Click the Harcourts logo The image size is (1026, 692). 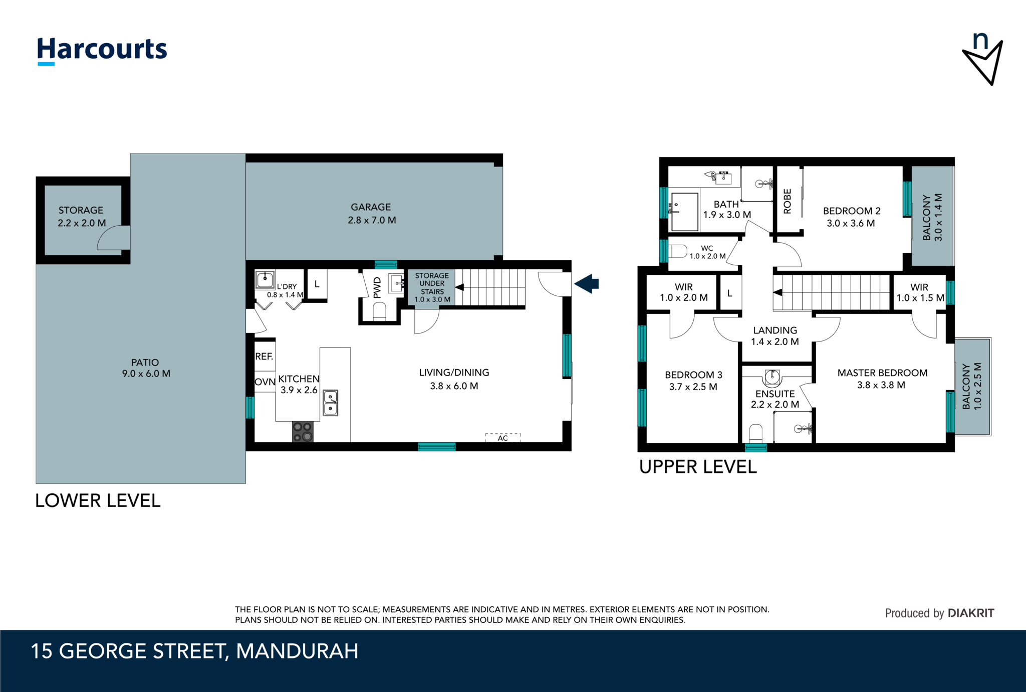102,50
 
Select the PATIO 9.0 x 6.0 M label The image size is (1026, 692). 146,368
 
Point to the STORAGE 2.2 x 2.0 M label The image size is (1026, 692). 81,217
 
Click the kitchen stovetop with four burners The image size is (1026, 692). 303,432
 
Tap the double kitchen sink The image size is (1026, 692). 330,403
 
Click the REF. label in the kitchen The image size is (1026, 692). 264,357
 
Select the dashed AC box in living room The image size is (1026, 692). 502,438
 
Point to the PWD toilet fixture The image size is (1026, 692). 380,311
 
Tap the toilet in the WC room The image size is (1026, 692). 677,251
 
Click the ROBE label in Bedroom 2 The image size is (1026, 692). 787,201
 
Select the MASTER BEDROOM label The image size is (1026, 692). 882,373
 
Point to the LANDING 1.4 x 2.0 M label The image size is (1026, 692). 775,336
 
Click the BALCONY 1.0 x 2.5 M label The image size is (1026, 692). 971,386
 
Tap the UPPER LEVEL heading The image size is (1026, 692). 697,467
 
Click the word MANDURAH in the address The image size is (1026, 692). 297,651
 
